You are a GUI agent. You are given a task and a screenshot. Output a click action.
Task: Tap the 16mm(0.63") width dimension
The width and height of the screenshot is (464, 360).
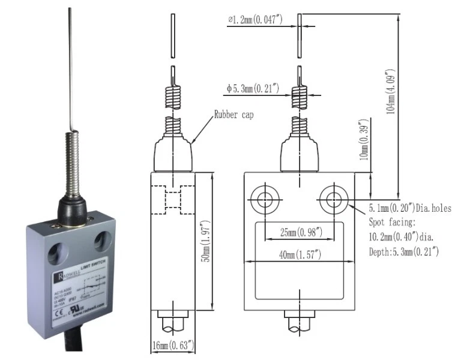pos(172,346)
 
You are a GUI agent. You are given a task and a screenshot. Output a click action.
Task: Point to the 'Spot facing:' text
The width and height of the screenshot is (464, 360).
pos(392,223)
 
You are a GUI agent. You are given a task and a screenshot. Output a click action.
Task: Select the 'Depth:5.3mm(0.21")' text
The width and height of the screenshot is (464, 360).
pos(404,251)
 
